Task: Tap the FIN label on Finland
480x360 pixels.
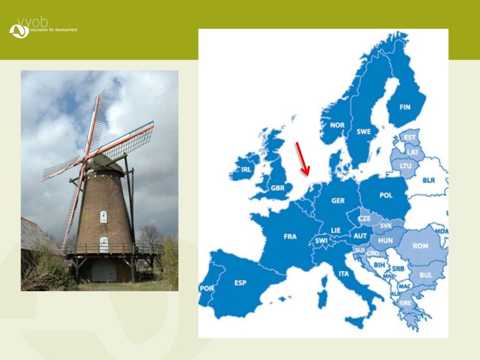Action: click(x=405, y=107)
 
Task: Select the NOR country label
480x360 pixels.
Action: click(x=337, y=125)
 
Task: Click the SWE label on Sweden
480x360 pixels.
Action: click(x=363, y=132)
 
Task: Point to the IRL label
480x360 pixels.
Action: click(x=246, y=170)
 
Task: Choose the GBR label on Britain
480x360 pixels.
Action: click(x=277, y=188)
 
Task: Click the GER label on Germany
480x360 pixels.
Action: click(x=338, y=201)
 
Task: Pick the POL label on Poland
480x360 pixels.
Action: click(x=386, y=195)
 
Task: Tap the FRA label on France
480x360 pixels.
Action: click(x=290, y=237)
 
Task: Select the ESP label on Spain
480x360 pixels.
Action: click(x=240, y=283)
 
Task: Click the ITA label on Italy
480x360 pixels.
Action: click(x=344, y=274)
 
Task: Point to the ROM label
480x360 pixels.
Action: click(x=420, y=246)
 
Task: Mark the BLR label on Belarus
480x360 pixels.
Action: click(x=428, y=180)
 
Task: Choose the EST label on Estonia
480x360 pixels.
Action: click(x=410, y=137)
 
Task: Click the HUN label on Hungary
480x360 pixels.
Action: click(x=385, y=240)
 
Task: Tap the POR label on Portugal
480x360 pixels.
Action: click(x=206, y=288)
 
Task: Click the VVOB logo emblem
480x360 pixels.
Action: click(x=19, y=31)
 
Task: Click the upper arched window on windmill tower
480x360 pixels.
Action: click(x=104, y=217)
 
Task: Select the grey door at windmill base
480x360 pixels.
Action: click(x=104, y=271)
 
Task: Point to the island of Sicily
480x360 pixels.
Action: click(x=355, y=322)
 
